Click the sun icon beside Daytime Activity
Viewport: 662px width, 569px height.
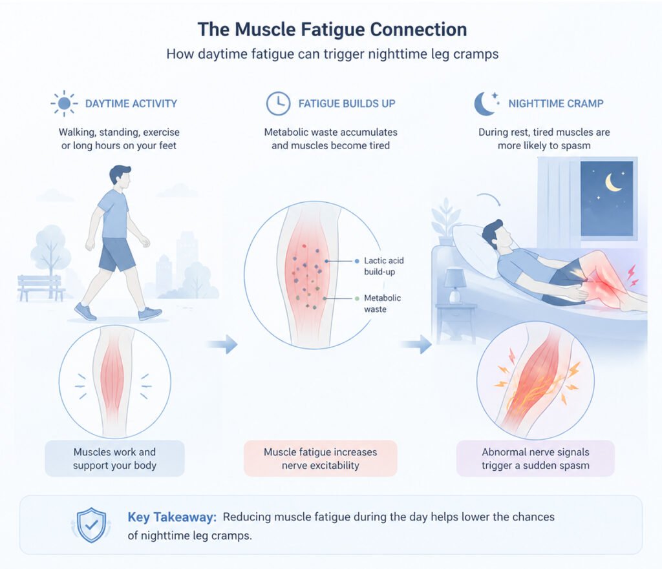(x=64, y=103)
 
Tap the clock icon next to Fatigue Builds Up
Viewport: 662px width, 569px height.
(x=278, y=103)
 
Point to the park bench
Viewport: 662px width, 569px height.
(x=41, y=287)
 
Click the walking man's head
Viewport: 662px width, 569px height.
(x=120, y=176)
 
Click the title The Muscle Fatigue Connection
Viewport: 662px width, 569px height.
(x=332, y=30)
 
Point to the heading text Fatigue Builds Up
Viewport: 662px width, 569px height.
(x=347, y=103)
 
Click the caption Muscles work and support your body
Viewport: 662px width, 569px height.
(x=114, y=459)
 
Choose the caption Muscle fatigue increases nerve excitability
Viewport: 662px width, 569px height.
(x=320, y=459)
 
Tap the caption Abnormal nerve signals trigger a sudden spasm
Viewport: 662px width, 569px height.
(x=535, y=459)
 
